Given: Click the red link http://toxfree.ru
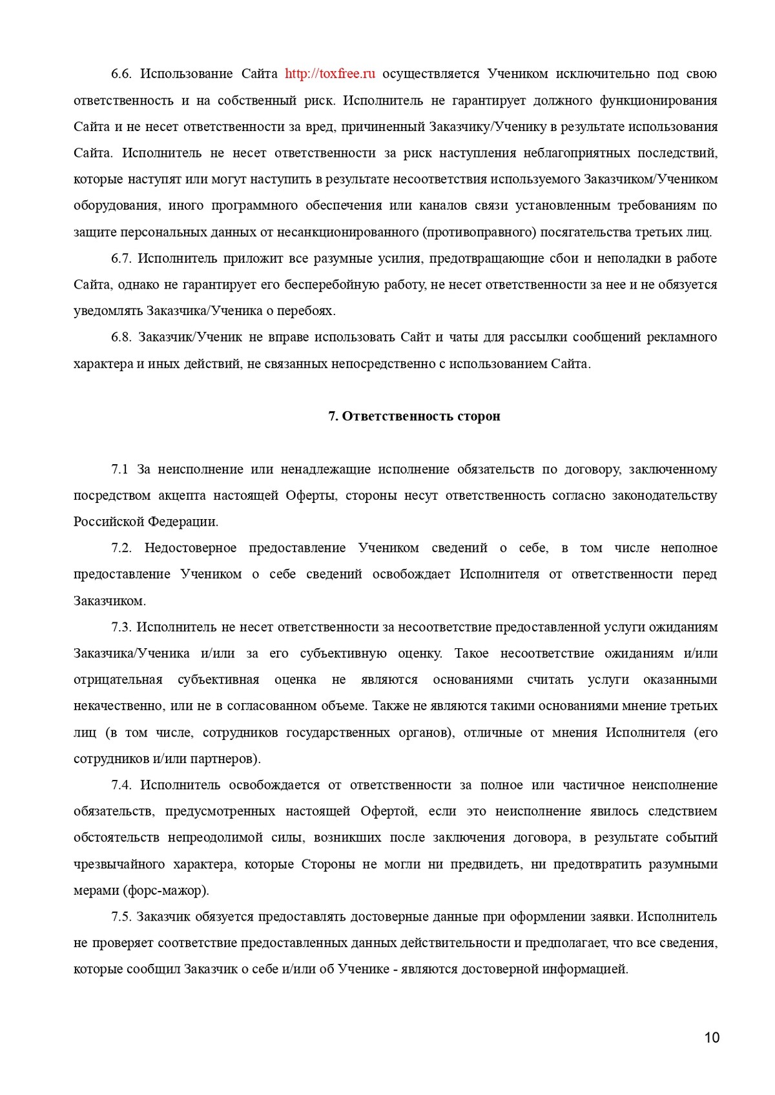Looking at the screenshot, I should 330,74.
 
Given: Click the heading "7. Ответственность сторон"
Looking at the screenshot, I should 415,416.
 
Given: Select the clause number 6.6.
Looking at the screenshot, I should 121,74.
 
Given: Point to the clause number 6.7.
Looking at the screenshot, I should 121,258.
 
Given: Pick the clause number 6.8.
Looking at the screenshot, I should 121,338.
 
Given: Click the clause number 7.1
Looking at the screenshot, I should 121,469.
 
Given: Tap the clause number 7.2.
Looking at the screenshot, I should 121,548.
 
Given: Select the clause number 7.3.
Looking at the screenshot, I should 121,627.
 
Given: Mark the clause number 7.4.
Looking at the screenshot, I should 121,785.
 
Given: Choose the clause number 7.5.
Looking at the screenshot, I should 121,917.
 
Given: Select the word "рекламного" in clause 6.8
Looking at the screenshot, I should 685,338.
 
